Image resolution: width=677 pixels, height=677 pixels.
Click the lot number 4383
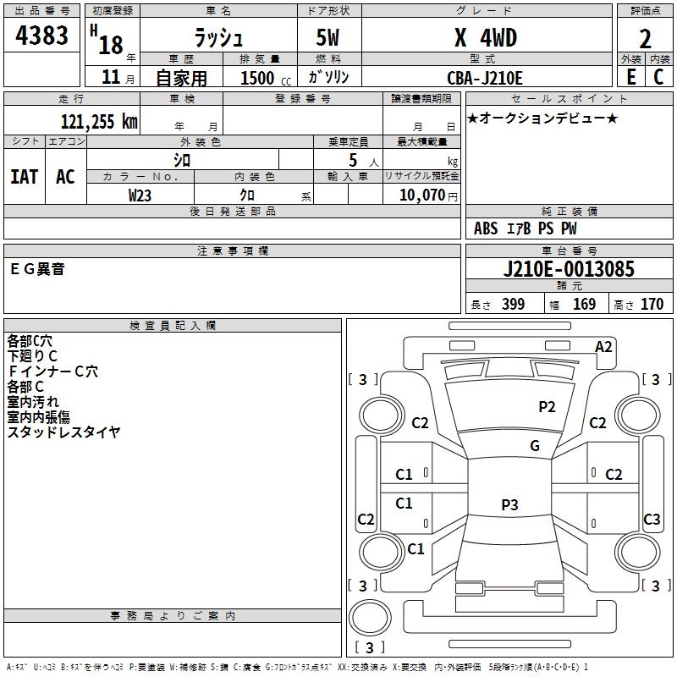tap(42, 36)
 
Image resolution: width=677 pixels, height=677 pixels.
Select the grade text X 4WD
tap(485, 37)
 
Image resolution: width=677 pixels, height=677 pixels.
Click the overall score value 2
tap(646, 39)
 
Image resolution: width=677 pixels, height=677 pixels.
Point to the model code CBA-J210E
tap(485, 78)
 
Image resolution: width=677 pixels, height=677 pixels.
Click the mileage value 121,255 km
tap(98, 121)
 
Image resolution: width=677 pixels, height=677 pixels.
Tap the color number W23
tap(140, 194)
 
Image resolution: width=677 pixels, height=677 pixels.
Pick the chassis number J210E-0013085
tap(568, 269)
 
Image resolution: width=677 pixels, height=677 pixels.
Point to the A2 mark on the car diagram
tap(603, 347)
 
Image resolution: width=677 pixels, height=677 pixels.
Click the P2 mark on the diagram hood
tap(548, 406)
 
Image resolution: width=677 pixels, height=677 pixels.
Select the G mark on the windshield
tap(534, 446)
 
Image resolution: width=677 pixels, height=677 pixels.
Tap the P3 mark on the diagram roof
tap(509, 505)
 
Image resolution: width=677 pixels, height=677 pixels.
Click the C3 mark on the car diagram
tap(652, 519)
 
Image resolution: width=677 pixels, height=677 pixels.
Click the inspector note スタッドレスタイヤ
tap(63, 432)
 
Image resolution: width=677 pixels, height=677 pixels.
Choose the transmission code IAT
tap(24, 176)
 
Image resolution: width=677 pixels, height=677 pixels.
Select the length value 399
tap(513, 305)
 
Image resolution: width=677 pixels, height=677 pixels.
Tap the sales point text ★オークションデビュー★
tap(542, 118)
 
